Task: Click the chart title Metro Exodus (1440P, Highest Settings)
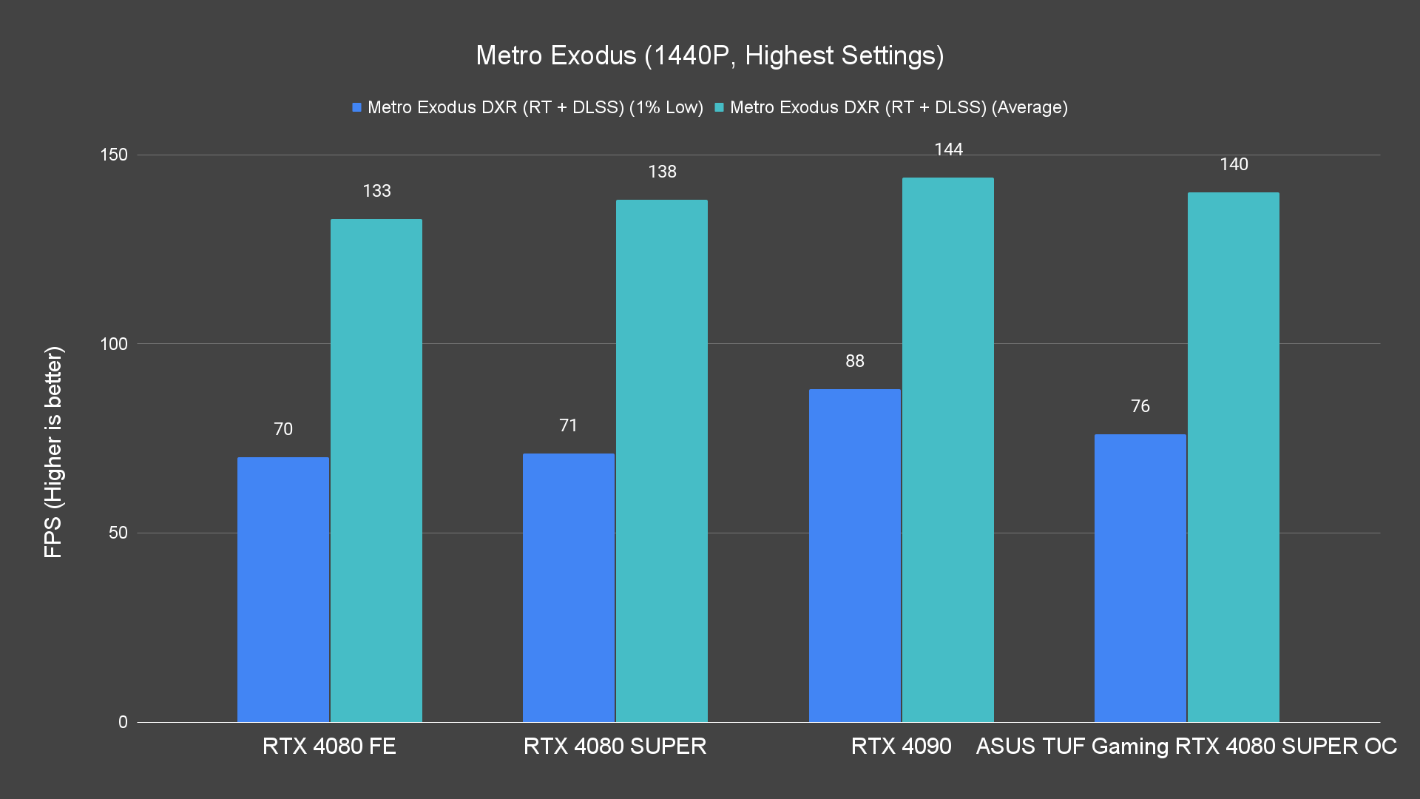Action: (709, 55)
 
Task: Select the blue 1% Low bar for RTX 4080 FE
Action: (283, 590)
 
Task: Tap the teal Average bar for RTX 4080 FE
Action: (376, 471)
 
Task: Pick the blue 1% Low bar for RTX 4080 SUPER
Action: (569, 588)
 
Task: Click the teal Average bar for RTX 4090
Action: (948, 450)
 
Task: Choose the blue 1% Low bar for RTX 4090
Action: (854, 556)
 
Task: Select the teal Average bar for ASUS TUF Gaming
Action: (1234, 457)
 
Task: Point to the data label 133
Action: (376, 191)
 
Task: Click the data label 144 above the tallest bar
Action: (948, 149)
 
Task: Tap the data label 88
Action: (854, 361)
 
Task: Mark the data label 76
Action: (1140, 406)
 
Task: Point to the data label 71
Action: (568, 425)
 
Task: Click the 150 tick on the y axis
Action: (114, 155)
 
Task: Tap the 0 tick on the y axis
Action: (123, 722)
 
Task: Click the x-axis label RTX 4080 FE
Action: (329, 746)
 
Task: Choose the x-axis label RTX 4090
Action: (901, 746)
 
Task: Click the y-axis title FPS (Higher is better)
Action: (53, 451)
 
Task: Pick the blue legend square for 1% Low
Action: (357, 107)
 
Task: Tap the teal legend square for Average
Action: (719, 107)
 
